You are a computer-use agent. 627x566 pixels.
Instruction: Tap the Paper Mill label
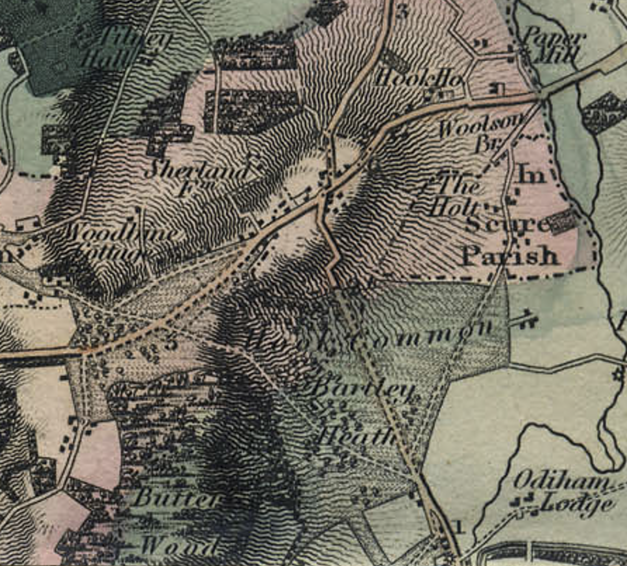point(553,47)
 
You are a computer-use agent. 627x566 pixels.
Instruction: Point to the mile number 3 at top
point(401,12)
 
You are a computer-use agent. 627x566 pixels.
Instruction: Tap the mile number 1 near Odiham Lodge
point(460,525)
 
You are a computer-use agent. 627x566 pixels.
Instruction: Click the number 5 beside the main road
point(172,343)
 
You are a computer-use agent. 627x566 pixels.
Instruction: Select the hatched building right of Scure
point(564,222)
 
